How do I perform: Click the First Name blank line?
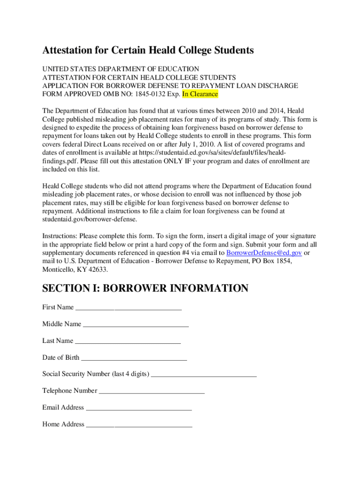[x=128, y=308]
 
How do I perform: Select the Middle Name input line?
[x=135, y=325]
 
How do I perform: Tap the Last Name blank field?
[x=127, y=342]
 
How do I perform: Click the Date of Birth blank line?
[x=133, y=359]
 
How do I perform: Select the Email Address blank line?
[x=139, y=409]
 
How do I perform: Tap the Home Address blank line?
[x=139, y=426]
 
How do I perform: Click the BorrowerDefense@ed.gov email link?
[x=264, y=253]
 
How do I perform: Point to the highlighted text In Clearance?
[x=200, y=94]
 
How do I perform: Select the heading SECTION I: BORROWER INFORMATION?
[x=145, y=288]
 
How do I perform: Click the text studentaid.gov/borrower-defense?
[x=90, y=219]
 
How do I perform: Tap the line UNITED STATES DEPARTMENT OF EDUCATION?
[x=121, y=69]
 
